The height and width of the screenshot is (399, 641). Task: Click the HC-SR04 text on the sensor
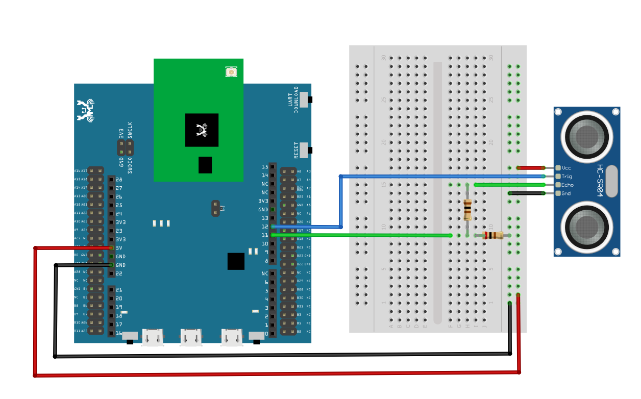[x=600, y=181]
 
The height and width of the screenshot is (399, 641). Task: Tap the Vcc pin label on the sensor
[x=566, y=168]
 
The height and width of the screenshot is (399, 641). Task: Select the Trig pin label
[x=566, y=177]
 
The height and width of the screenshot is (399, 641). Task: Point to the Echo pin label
[x=567, y=185]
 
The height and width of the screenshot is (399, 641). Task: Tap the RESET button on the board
[x=304, y=150]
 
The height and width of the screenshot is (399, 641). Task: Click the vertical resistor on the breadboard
[x=467, y=209]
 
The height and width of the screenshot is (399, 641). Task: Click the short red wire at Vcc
[x=531, y=167]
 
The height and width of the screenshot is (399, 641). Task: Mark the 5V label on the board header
[x=119, y=247]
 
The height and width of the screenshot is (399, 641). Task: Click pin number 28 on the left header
[x=119, y=180]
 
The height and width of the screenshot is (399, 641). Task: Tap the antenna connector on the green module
[x=231, y=72]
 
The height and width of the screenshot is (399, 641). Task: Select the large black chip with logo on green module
[x=202, y=130]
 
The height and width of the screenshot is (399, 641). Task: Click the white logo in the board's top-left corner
[x=85, y=110]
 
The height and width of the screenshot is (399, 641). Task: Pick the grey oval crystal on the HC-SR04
[x=611, y=181]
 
